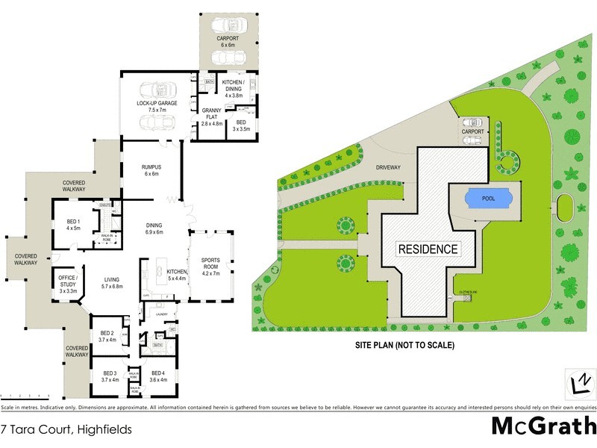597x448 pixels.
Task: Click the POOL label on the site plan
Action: [490, 199]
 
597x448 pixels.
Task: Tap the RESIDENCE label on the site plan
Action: [428, 249]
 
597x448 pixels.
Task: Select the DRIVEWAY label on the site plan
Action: [390, 169]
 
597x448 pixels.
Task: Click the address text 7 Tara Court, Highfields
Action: [66, 429]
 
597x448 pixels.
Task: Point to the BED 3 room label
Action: [110, 376]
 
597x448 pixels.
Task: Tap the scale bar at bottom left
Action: [25, 395]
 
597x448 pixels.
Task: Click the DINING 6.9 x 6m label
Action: [159, 229]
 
